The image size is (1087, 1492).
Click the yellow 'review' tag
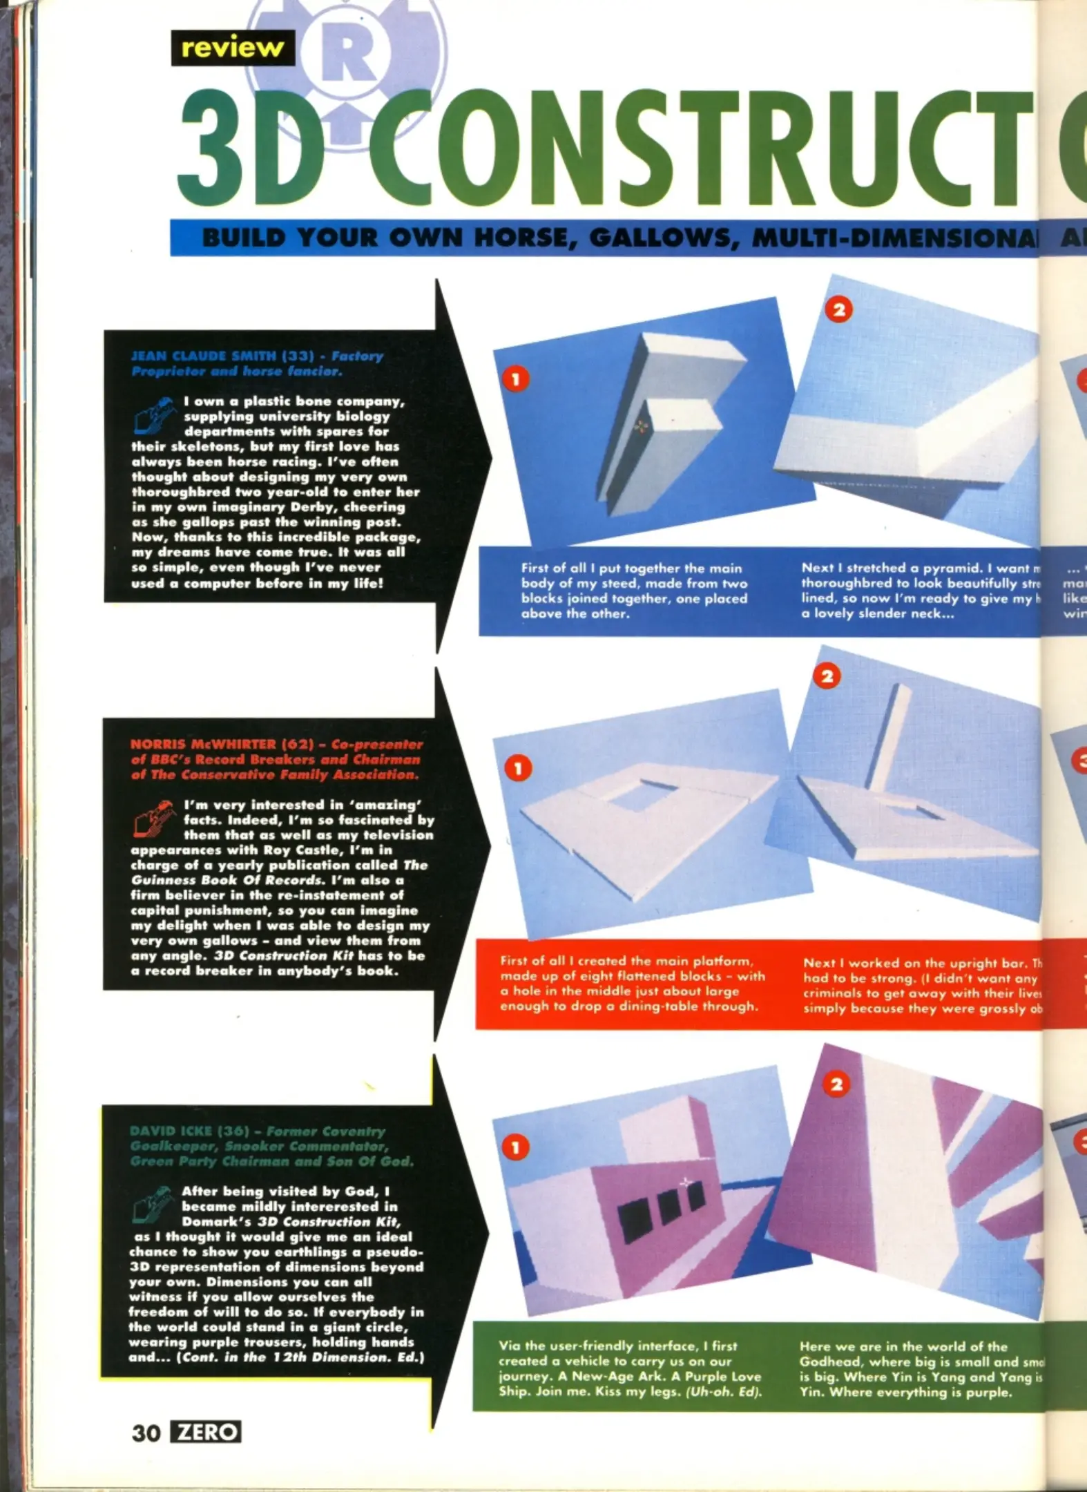click(x=232, y=48)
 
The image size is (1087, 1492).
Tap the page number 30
click(x=146, y=1433)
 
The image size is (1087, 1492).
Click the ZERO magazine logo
click(x=206, y=1432)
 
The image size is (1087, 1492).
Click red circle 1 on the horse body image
click(x=515, y=378)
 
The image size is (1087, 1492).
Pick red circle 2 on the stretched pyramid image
click(x=839, y=309)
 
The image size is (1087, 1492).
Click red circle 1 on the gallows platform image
click(x=518, y=768)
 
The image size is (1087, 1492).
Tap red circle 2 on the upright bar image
click(x=827, y=676)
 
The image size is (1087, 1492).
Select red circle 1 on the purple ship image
click(x=515, y=1148)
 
